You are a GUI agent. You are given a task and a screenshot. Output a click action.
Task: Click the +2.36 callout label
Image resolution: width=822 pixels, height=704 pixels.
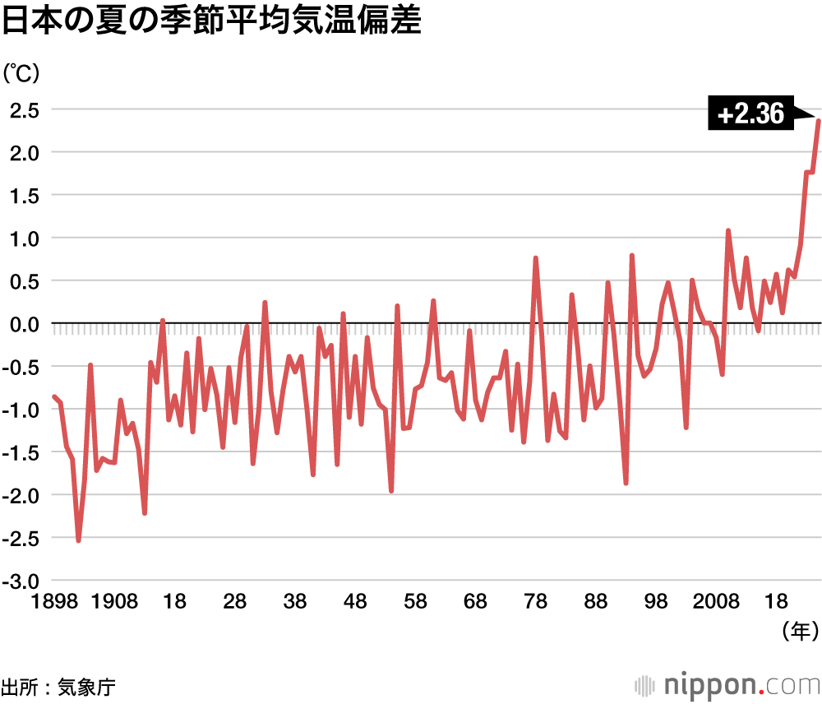pos(750,114)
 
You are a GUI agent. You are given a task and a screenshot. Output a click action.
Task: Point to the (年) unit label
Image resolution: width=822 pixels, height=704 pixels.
pos(800,631)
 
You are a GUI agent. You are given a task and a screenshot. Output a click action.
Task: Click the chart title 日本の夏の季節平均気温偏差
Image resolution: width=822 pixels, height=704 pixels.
pos(211,22)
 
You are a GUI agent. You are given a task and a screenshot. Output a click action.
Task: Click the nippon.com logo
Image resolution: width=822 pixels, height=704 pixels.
pos(727,684)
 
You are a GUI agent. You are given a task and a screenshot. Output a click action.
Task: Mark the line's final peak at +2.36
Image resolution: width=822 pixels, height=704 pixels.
pos(819,121)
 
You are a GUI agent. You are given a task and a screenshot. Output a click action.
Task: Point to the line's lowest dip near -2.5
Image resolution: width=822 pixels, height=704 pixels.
pos(79,540)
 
